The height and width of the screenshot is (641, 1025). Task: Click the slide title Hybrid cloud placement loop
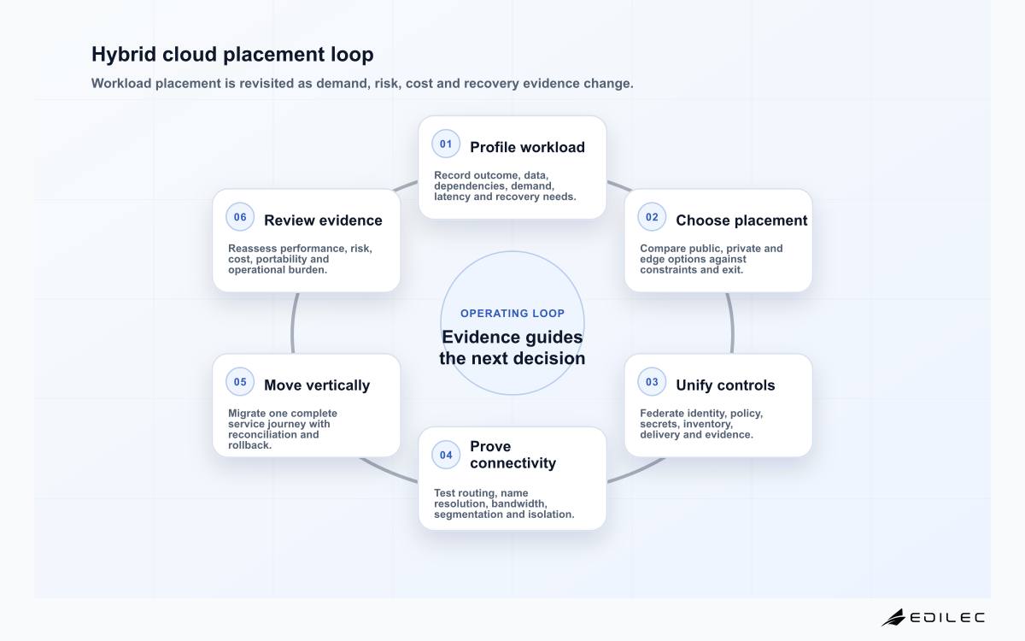232,55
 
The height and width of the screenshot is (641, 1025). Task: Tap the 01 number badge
446,144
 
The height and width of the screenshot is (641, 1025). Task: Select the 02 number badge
652,217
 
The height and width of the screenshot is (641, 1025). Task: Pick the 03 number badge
652,382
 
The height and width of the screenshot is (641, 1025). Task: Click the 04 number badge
446,455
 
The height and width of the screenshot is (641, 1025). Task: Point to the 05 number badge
240,382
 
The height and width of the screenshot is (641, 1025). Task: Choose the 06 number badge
240,217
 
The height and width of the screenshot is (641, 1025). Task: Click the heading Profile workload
527,147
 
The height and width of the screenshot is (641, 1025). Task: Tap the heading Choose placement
741,221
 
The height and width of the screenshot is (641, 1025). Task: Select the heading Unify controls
725,385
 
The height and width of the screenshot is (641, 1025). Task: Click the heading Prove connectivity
513,455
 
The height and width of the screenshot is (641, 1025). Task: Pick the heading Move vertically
317,385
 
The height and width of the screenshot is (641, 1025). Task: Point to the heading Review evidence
323,221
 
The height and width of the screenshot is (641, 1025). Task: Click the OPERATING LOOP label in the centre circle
512,314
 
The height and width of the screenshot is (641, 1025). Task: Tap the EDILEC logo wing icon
893,618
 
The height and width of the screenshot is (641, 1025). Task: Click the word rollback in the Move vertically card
249,445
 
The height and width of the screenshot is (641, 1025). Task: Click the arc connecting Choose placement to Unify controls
731,323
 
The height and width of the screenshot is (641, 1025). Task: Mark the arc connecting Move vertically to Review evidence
293,323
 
